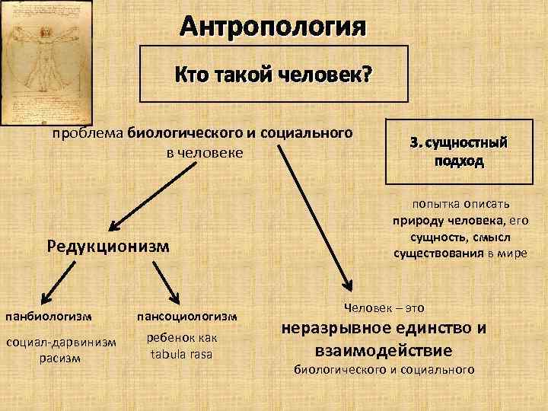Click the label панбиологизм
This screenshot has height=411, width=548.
49,314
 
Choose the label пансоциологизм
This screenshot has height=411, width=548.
186,315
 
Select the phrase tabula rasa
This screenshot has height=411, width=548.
182,355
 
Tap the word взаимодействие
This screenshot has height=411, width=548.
384,350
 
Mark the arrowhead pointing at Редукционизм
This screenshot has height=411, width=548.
114,225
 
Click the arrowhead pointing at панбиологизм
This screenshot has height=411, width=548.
40,301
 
